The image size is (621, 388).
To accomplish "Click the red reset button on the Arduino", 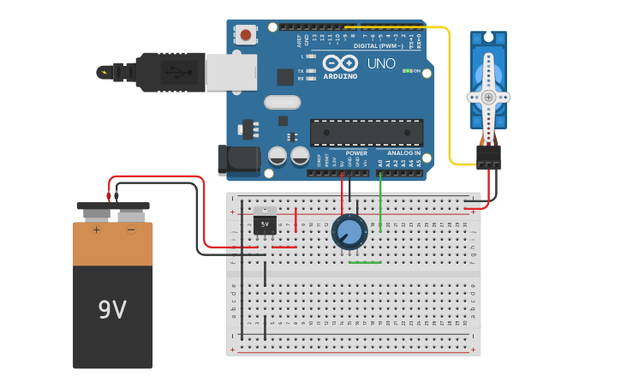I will point(247,35).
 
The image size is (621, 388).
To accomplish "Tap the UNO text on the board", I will point(381,63).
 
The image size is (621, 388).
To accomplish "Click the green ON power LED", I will point(409,71).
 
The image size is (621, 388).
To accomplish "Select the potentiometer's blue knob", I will point(349,232).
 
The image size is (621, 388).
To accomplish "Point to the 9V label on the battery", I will point(112,309).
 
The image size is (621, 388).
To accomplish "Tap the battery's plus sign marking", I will point(96,230).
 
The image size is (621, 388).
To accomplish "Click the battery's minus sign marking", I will point(131,230).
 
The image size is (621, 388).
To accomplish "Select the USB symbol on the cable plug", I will point(176,72).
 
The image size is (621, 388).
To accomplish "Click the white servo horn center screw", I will point(488,98).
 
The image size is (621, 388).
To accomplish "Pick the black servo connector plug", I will point(488,157).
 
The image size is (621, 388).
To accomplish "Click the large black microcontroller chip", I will point(366,133).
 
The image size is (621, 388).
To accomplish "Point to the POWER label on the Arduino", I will point(356,152).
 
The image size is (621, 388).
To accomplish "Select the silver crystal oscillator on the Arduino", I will point(282,102).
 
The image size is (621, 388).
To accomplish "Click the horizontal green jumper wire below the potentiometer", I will point(365,262).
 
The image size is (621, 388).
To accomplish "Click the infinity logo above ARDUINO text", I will point(340,63).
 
